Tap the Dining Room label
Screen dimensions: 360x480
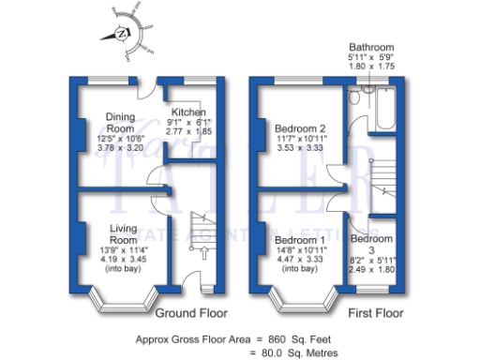point(120,122)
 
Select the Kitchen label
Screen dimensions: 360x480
point(182,112)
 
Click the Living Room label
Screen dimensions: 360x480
point(125,233)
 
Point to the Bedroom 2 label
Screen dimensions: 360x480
point(300,128)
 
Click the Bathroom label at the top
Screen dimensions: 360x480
point(372,46)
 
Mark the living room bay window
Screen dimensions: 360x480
point(123,296)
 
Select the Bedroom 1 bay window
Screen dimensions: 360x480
point(301,296)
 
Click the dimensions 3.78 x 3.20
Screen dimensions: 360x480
point(120,148)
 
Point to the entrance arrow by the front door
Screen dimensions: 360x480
point(196,252)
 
